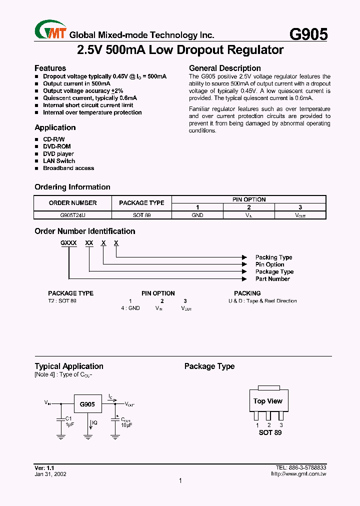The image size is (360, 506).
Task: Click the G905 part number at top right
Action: [308, 34]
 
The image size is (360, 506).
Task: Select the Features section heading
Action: [50, 68]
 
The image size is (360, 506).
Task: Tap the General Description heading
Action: [224, 68]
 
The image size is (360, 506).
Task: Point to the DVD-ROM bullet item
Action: [56, 146]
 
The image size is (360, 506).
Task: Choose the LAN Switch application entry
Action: [58, 161]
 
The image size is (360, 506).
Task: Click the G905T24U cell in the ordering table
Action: [73, 215]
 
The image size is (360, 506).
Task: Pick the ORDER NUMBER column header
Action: [73, 203]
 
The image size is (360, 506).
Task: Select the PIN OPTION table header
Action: [249, 199]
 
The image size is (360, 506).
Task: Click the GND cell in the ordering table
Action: [197, 215]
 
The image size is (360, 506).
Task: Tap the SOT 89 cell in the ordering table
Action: [141, 215]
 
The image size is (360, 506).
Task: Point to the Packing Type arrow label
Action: [273, 257]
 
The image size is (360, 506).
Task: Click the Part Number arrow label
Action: [272, 279]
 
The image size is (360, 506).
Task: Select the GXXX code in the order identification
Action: [69, 242]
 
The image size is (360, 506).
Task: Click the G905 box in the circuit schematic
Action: [87, 404]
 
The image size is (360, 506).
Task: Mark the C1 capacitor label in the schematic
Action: [69, 418]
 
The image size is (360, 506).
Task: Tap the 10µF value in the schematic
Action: [126, 424]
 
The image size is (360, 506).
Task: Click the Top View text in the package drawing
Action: [267, 401]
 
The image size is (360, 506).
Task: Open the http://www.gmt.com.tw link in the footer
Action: [298, 473]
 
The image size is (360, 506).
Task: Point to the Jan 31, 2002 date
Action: [50, 474]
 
